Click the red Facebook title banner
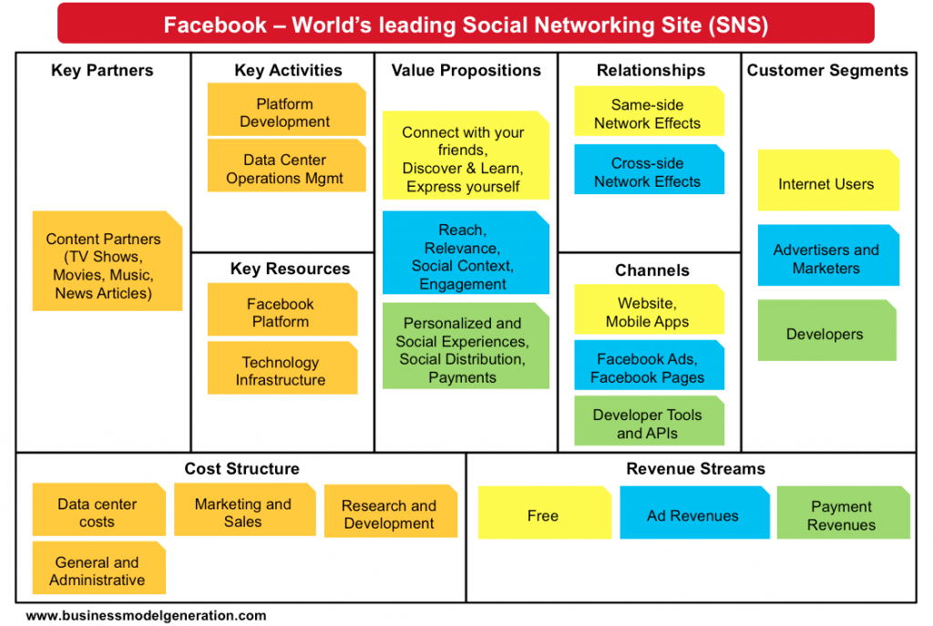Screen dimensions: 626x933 point(466,24)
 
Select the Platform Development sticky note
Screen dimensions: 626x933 point(285,113)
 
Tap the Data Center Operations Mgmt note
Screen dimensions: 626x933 point(285,169)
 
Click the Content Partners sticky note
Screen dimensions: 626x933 point(104,265)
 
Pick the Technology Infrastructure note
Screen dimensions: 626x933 point(281,371)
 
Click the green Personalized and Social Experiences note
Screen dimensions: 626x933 point(464,350)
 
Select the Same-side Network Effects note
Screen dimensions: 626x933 point(648,114)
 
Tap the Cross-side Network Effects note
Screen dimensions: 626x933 point(648,172)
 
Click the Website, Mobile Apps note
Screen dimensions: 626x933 point(648,313)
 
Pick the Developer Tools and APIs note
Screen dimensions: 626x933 point(648,424)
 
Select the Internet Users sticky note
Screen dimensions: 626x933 point(826,184)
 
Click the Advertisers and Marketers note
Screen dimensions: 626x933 point(826,259)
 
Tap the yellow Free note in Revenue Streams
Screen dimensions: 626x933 point(543,516)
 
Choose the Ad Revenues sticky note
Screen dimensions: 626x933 point(693,516)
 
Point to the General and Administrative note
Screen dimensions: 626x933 point(97,571)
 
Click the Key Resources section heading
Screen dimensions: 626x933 point(290,269)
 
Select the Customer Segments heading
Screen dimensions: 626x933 point(827,70)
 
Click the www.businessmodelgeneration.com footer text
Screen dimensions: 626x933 point(146,615)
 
